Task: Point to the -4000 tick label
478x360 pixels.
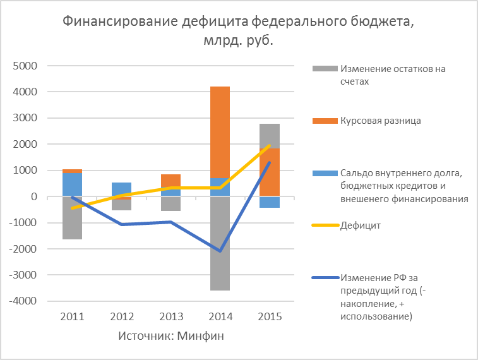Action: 23,301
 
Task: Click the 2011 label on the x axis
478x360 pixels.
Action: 72,316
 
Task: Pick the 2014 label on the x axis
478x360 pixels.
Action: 220,316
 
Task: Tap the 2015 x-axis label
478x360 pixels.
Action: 269,316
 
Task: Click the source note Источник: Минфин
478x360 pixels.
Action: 171,336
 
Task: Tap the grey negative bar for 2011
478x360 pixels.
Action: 72,218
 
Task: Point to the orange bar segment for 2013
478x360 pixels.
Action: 170,181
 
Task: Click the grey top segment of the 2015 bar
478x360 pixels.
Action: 269,136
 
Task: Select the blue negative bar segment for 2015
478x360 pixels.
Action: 269,202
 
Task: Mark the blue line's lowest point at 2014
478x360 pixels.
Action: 220,251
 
